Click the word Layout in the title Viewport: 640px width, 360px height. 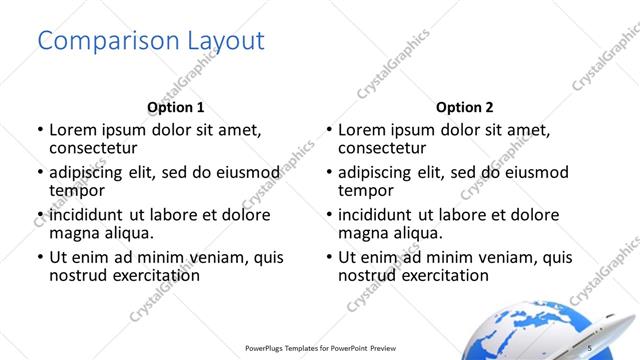click(x=226, y=41)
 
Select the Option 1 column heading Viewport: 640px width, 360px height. click(x=175, y=107)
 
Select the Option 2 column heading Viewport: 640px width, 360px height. click(x=464, y=107)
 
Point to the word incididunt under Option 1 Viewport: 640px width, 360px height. click(x=96, y=215)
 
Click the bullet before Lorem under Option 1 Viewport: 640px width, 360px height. click(x=39, y=130)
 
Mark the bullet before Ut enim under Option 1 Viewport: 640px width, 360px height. click(x=39, y=257)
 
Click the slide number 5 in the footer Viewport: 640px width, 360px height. click(x=590, y=346)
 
